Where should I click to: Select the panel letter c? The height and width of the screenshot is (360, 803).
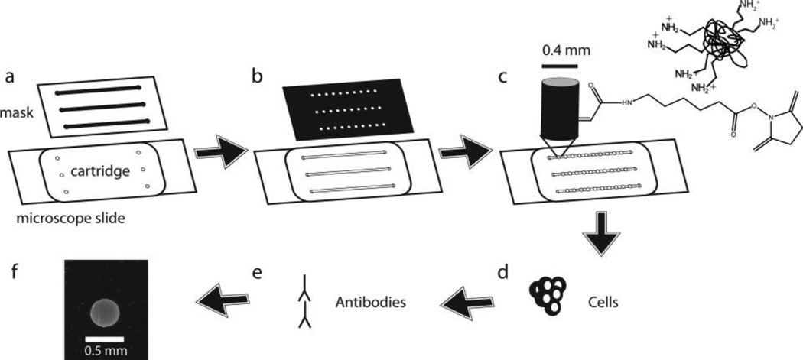tap(505, 77)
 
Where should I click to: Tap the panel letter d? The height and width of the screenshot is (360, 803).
tap(504, 273)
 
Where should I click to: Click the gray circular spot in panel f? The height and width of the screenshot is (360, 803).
tap(107, 312)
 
